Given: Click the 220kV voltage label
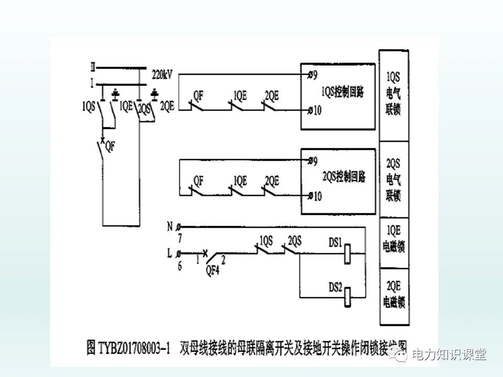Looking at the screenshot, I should coord(162,74).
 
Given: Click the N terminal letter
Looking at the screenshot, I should coord(169,227).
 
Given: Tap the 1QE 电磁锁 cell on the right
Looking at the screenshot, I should coord(393,240).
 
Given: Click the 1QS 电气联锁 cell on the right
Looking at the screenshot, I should coord(393,94).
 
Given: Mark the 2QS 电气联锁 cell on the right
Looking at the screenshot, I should coord(393,180).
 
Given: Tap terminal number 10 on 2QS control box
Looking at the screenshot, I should coord(316,196).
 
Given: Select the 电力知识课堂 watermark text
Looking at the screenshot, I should coord(449,355).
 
